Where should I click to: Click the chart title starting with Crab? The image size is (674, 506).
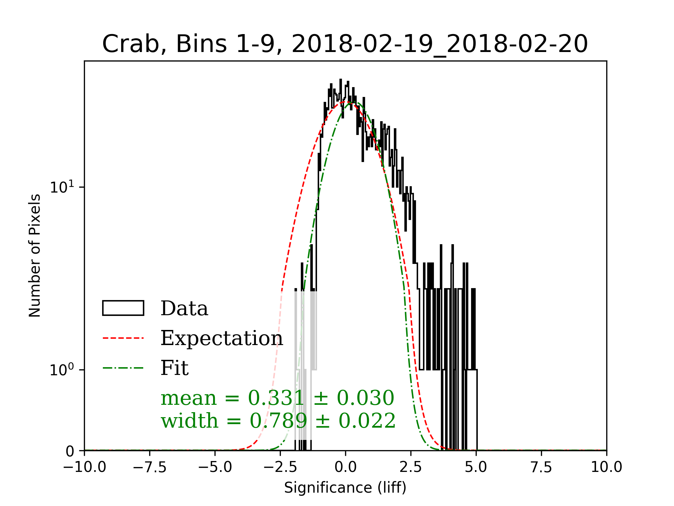point(345,44)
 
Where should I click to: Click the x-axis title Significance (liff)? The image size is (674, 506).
point(345,488)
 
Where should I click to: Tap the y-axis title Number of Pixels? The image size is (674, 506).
point(35,255)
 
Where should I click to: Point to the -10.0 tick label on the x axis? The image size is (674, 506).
point(85,467)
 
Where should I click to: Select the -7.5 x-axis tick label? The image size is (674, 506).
point(150,467)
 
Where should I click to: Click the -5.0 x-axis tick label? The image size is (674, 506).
point(215,467)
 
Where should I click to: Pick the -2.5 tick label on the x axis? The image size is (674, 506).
point(280,467)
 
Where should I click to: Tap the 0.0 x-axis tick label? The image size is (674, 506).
point(345,467)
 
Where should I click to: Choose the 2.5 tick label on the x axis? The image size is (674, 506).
point(411,467)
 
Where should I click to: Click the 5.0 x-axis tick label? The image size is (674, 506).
point(476,467)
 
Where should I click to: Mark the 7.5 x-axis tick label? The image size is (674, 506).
point(541,467)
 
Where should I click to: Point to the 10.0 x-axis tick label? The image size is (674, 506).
point(606,467)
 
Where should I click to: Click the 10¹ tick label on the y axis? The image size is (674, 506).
point(62,187)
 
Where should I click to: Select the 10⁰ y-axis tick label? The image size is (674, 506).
point(62,369)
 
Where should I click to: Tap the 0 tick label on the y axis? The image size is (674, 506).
point(70,451)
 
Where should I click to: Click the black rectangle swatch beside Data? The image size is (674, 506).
point(123,308)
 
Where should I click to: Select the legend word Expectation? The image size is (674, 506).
point(222,338)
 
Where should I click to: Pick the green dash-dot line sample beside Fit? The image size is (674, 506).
point(123,368)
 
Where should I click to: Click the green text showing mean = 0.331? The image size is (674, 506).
point(277,398)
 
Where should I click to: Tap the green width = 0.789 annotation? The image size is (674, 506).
point(278,421)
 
